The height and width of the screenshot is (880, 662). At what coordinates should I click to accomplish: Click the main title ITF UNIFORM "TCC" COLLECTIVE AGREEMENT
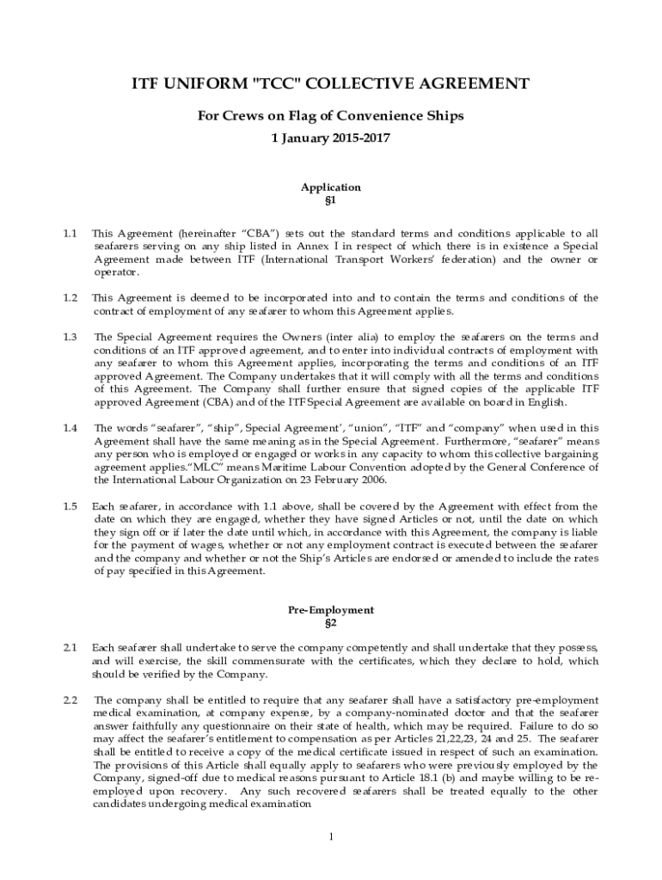pyautogui.click(x=330, y=83)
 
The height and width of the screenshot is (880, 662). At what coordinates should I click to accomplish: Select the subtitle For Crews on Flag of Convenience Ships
pyautogui.click(x=330, y=115)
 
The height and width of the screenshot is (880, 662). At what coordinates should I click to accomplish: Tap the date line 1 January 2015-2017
pyautogui.click(x=330, y=137)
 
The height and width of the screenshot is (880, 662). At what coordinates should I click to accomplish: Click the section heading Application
pyautogui.click(x=330, y=186)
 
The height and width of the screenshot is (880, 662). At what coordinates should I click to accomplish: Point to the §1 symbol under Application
pyautogui.click(x=330, y=200)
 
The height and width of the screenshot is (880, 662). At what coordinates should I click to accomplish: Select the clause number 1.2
pyautogui.click(x=70, y=298)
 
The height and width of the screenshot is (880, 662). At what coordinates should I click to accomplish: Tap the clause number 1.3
pyautogui.click(x=70, y=337)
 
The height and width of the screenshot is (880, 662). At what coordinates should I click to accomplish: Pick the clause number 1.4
pyautogui.click(x=70, y=428)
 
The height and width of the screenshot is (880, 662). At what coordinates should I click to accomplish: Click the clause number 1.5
pyautogui.click(x=70, y=506)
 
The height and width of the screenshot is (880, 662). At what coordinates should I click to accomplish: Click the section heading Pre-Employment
pyautogui.click(x=330, y=609)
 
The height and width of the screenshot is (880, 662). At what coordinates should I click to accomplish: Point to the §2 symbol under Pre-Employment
pyautogui.click(x=330, y=623)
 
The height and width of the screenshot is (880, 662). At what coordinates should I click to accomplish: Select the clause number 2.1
pyautogui.click(x=70, y=647)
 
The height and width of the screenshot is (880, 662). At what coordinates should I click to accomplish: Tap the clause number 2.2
pyautogui.click(x=70, y=700)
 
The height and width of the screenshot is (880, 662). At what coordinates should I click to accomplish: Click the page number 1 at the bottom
pyautogui.click(x=331, y=837)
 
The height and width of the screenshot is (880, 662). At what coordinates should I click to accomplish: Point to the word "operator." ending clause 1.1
pyautogui.click(x=114, y=272)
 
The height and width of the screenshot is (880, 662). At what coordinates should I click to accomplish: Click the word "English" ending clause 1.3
pyautogui.click(x=548, y=402)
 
